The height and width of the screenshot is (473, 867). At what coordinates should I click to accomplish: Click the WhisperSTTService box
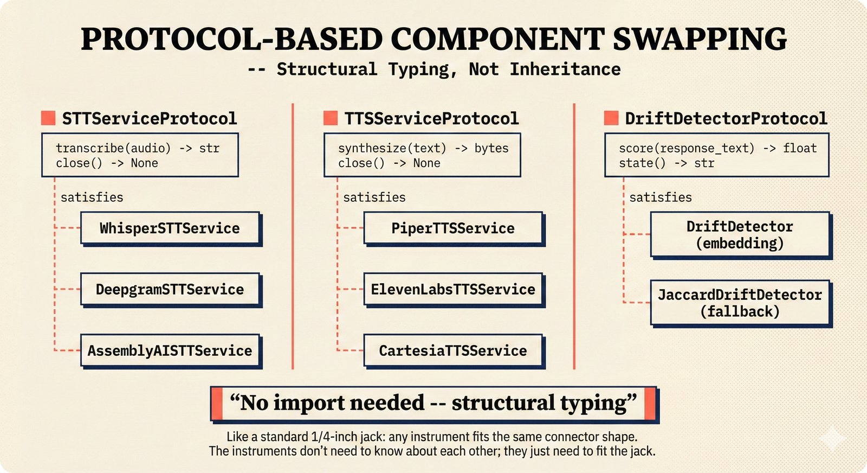point(170,228)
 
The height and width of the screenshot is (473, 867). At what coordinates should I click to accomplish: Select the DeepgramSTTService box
point(170,290)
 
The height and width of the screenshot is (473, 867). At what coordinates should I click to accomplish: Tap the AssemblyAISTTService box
point(170,351)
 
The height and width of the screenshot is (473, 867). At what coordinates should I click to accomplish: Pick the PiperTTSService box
point(453,228)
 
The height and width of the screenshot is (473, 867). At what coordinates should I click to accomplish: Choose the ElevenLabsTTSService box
point(453,290)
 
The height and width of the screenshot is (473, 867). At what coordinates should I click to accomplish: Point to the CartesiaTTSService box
point(453,351)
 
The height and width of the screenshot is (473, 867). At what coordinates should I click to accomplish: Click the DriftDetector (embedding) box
point(740,234)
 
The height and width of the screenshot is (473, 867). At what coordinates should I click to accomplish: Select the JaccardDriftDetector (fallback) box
point(740,303)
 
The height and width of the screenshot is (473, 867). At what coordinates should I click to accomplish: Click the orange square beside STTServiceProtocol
point(48,118)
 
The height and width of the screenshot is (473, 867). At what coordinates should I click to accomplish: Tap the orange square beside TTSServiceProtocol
point(331,118)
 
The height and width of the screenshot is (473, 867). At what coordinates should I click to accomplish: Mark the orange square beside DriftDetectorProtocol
point(611,118)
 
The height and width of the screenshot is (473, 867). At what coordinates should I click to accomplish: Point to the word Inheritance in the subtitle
point(565,69)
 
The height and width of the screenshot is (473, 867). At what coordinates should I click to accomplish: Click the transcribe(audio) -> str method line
point(138,148)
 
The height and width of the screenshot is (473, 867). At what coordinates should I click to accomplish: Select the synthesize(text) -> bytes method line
point(423,148)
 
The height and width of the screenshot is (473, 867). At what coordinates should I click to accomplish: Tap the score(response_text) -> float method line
point(717,148)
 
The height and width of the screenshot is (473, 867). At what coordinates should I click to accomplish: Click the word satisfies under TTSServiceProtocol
point(374,197)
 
